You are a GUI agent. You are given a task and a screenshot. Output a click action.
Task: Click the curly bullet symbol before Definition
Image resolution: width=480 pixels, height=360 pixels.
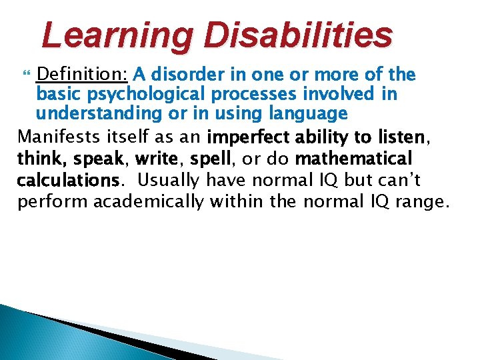click(25, 75)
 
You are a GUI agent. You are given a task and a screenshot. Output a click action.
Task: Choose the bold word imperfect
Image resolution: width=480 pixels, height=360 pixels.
click(245, 138)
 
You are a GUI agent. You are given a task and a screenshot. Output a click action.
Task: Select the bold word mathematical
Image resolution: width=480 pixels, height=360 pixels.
click(353, 159)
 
